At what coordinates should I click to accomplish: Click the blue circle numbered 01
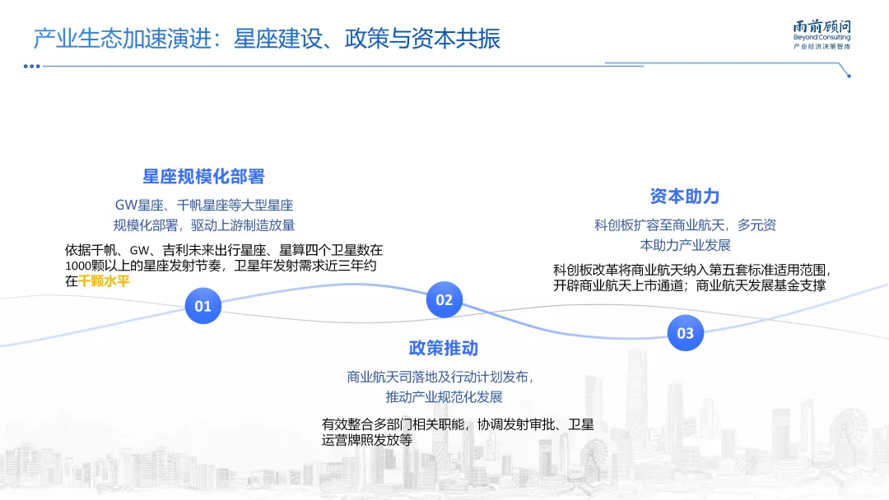pos(203,306)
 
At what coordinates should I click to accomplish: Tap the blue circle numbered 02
pos(444,299)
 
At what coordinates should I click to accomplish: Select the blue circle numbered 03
pos(685,333)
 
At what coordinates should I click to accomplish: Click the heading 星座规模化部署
pos(204,177)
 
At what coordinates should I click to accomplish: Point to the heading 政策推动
pos(444,348)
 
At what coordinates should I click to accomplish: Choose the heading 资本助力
pos(685,196)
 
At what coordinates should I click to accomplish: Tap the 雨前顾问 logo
pos(822,25)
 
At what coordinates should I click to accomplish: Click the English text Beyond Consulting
pos(822,38)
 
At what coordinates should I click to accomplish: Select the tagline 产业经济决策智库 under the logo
pos(822,47)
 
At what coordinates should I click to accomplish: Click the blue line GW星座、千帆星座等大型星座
pos(204,205)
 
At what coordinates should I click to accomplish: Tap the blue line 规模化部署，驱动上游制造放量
pos(204,225)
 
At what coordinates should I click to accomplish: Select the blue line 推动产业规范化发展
pos(444,396)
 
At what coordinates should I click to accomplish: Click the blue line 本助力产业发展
pos(685,244)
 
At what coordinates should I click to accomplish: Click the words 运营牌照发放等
pos(366,440)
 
